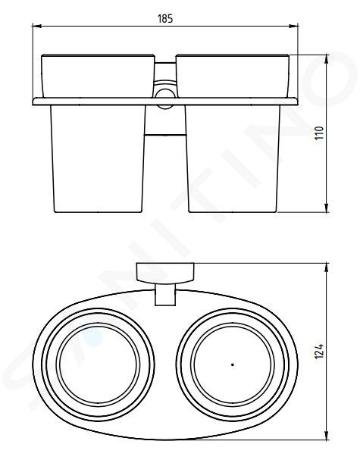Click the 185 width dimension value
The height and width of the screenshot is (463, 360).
tap(165, 19)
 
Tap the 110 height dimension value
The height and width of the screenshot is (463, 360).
tap(320, 133)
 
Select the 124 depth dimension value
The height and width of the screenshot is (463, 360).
tap(319, 351)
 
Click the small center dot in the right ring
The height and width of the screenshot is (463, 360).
tap(233, 364)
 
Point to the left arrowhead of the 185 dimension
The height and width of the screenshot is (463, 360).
tap(36, 27)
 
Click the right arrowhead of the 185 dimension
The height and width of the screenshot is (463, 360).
tap(293, 27)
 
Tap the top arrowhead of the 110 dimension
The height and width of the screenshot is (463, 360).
tap(327, 59)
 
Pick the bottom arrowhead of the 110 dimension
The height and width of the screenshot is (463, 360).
tap(327, 208)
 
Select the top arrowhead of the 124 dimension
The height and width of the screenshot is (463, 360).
tap(327, 267)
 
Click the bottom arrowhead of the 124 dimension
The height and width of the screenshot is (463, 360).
tap(327, 436)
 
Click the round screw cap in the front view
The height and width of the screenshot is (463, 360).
tap(165, 99)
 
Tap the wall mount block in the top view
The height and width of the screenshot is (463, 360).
tap(165, 273)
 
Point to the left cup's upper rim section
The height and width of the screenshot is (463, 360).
tap(98, 76)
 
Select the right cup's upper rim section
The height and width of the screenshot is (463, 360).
tap(233, 76)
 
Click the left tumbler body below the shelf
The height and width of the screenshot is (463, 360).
tap(98, 158)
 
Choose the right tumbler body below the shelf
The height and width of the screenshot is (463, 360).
tap(233, 158)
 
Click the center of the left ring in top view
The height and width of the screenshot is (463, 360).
tap(98, 364)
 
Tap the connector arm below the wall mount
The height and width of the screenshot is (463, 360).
tap(165, 294)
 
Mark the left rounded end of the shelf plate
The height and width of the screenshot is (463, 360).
tap(35, 102)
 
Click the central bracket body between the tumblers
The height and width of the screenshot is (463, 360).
tap(165, 120)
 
